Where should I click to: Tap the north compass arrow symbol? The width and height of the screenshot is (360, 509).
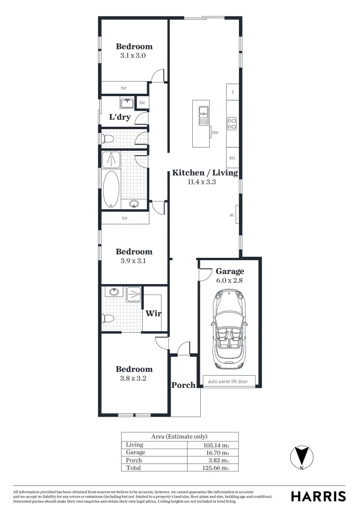[x=301, y=456]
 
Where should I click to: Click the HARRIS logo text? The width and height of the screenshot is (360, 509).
[x=318, y=496]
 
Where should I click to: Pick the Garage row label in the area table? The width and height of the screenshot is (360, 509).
[x=136, y=452]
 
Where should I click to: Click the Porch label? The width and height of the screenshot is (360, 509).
[x=183, y=385]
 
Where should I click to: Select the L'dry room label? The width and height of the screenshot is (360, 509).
[x=120, y=117]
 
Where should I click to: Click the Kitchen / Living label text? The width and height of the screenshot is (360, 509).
[x=205, y=172]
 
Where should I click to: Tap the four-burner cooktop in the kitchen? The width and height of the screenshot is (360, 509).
[x=232, y=123]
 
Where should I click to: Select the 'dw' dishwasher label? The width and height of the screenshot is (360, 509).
[x=215, y=132]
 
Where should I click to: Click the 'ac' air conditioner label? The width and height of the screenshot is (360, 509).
[x=232, y=215]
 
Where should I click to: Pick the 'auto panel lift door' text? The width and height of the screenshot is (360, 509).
[x=228, y=381]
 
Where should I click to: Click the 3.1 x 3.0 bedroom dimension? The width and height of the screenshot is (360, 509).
[x=133, y=55]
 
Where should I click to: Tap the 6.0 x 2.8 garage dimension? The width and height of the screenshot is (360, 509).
[x=229, y=280]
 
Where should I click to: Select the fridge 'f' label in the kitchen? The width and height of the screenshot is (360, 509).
[x=232, y=92]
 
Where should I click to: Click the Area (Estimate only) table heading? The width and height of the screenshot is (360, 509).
[x=179, y=436]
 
